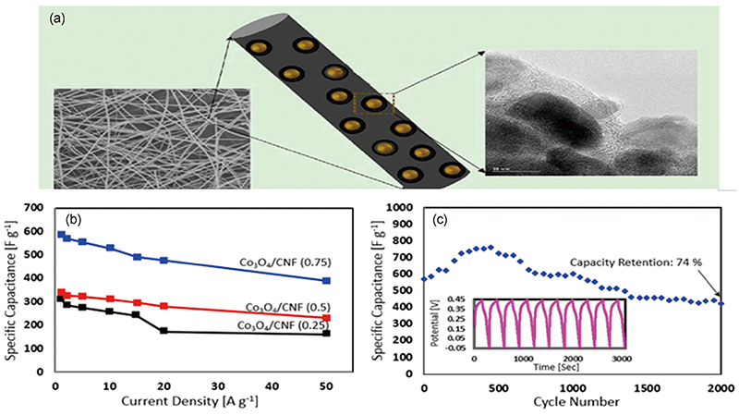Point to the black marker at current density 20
click(x=164, y=330)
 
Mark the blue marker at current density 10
click(x=110, y=248)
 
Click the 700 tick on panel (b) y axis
click(x=31, y=206)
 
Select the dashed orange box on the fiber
click(x=373, y=104)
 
